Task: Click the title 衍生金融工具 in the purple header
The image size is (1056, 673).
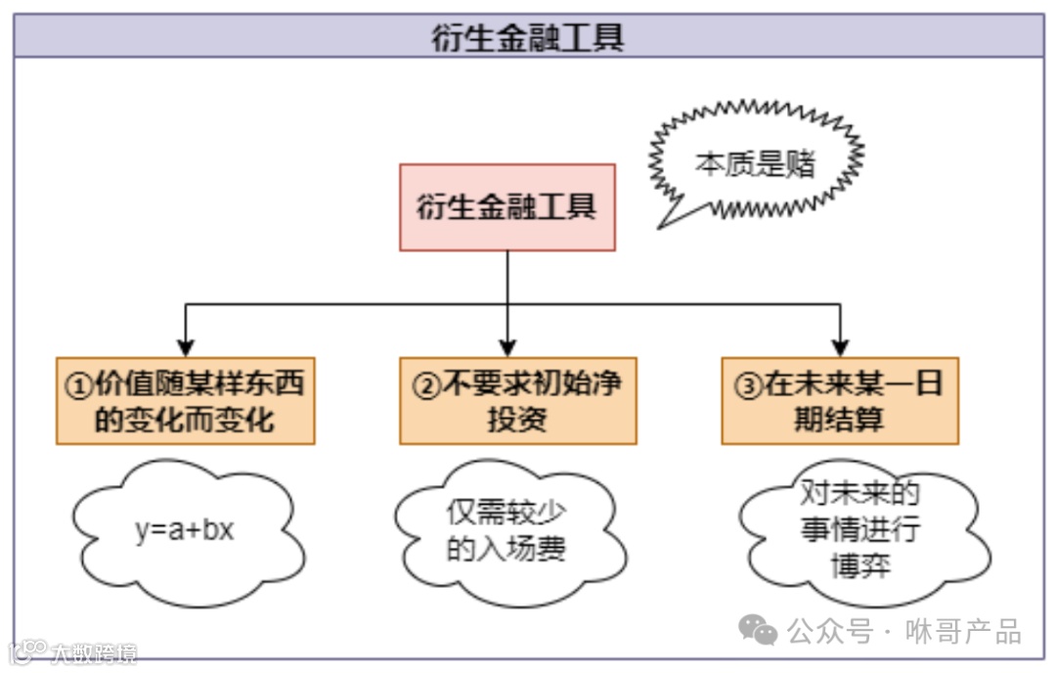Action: pos(528,36)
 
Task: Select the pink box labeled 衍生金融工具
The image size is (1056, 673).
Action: pos(507,207)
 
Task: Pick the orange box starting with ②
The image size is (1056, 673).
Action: pos(517,401)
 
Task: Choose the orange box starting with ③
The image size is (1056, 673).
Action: pos(840,401)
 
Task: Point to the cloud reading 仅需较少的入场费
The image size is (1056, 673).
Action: pos(506,532)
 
